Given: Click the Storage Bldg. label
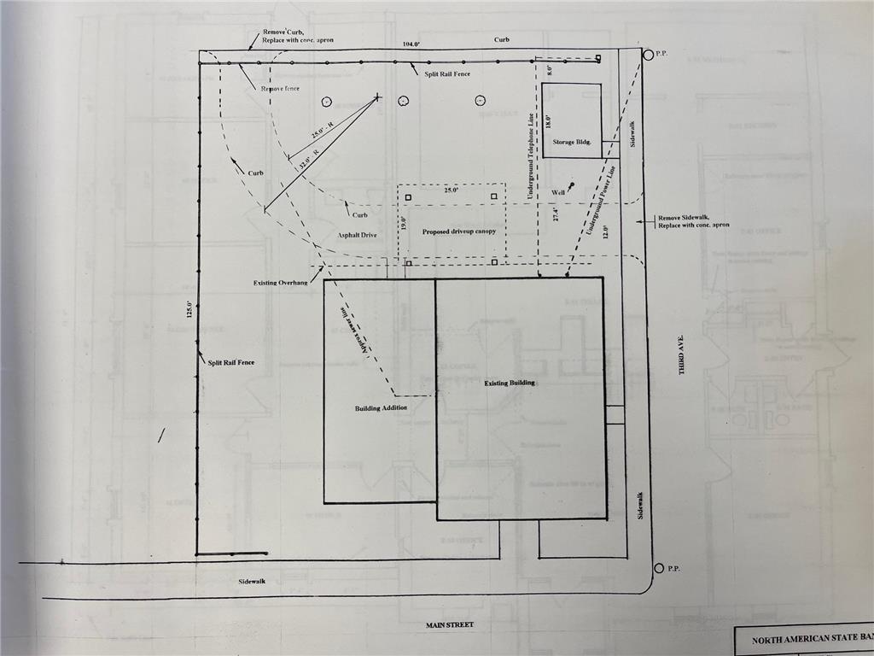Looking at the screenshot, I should [x=571, y=142].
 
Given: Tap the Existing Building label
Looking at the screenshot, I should [x=510, y=383].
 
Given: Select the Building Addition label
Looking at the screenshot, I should [x=381, y=408].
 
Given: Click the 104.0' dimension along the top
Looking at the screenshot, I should [x=411, y=44].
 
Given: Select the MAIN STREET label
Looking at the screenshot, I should [x=450, y=625].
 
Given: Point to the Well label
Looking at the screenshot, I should [x=558, y=192].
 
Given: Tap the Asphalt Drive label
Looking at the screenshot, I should [x=356, y=234].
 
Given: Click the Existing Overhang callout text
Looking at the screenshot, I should [x=280, y=282].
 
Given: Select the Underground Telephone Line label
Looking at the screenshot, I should [x=530, y=157].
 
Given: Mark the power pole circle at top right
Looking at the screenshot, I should [x=649, y=55].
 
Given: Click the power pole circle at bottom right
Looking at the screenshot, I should [x=659, y=569].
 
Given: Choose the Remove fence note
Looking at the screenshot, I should [x=280, y=89].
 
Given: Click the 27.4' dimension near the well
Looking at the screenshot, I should [x=555, y=214].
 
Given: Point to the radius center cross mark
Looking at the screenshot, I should [x=376, y=98].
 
